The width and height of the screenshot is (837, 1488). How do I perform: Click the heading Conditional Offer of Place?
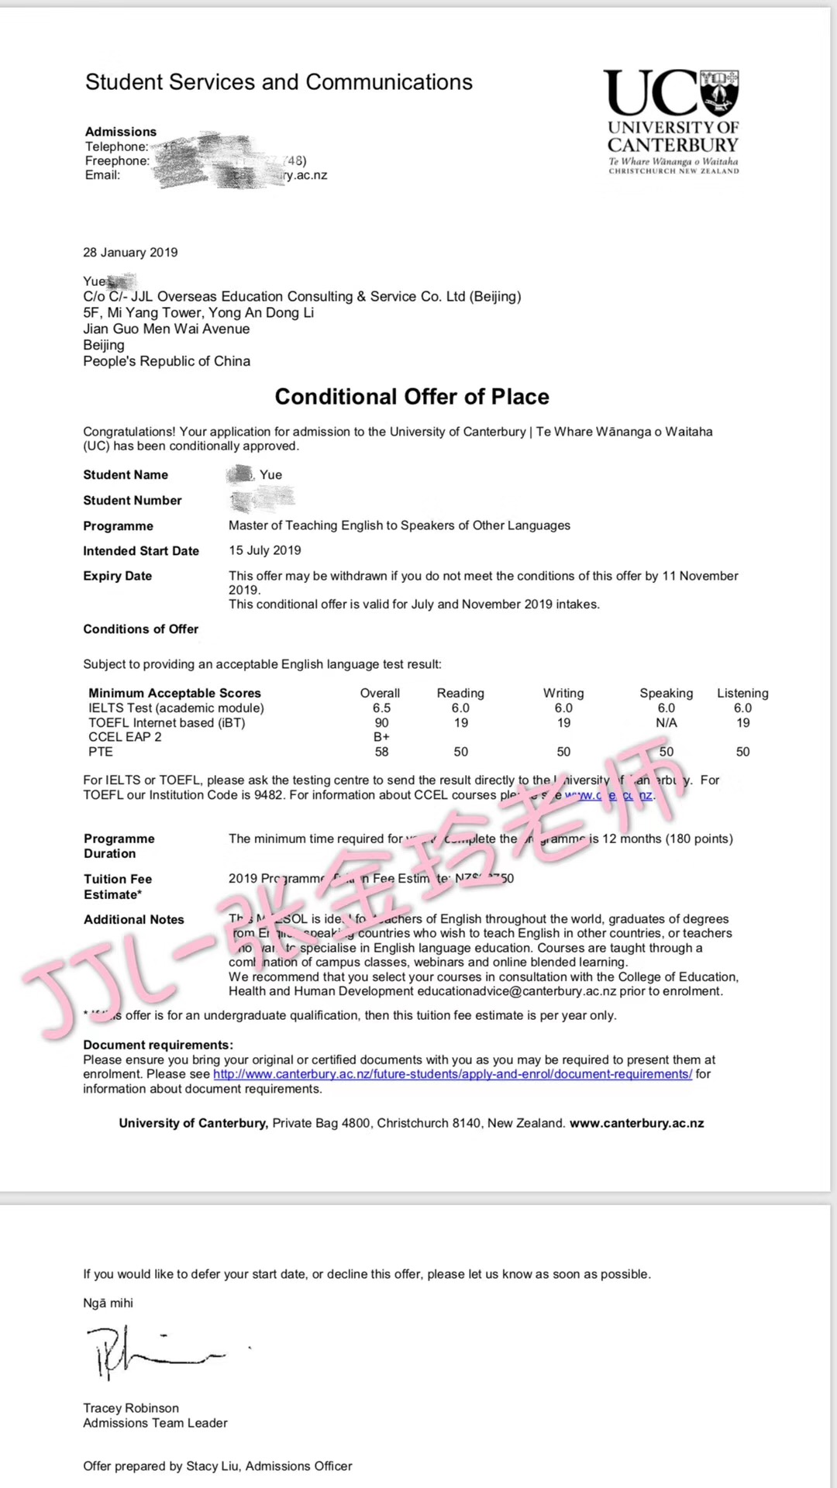[412, 397]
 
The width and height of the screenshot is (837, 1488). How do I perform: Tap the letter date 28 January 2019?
[130, 253]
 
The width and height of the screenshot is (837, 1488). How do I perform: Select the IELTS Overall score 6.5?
[381, 708]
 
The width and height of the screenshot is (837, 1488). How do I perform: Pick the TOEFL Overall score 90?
[381, 723]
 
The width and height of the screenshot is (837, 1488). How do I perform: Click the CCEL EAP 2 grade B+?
[381, 737]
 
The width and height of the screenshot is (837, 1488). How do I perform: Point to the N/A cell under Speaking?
[666, 723]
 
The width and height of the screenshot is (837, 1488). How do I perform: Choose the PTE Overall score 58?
[381, 752]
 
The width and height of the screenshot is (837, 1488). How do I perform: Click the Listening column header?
[742, 693]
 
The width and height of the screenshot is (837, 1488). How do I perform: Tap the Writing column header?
[563, 693]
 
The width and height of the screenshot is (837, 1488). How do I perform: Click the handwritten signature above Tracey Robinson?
[155, 1352]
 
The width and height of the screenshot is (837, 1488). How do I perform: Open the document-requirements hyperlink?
[453, 1074]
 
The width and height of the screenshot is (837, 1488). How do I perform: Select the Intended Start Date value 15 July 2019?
[265, 550]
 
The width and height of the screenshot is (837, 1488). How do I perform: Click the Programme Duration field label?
[119, 846]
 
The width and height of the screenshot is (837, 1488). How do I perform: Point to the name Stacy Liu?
[212, 1466]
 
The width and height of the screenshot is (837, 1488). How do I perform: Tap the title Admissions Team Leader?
[155, 1423]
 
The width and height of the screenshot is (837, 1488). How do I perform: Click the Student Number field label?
[133, 501]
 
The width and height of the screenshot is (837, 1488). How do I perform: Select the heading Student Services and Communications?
[279, 82]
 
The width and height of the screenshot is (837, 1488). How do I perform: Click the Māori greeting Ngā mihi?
[108, 1304]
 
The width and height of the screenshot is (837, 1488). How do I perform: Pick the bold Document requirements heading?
[158, 1045]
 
